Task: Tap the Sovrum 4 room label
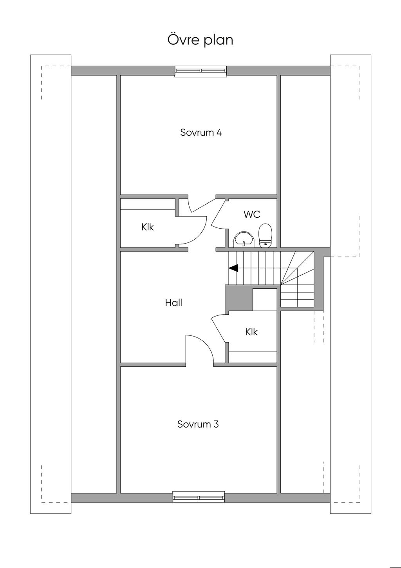[x=201, y=132]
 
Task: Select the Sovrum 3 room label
[x=198, y=424]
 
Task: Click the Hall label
[x=173, y=302]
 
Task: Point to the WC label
[x=252, y=214]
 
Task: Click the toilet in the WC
[x=265, y=235]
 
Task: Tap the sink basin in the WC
[x=244, y=240]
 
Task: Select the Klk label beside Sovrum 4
[x=148, y=227]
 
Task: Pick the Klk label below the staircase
[x=251, y=332]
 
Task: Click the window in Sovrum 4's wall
[x=201, y=71]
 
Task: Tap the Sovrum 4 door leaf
[x=204, y=206]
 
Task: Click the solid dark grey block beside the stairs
[x=239, y=298]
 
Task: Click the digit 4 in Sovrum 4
[x=219, y=132]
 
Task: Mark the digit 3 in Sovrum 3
[x=216, y=424]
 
